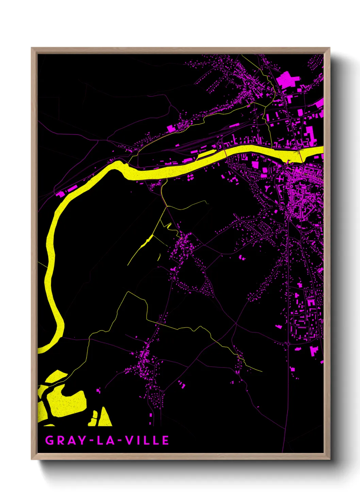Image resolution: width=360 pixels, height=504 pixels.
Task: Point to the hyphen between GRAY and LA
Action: tap(91, 441)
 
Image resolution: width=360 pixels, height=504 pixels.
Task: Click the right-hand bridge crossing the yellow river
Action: tap(300, 156)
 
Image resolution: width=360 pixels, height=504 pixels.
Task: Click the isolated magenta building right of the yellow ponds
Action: tap(99, 390)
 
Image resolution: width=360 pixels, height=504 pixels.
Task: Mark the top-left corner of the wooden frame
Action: tap(32, 48)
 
